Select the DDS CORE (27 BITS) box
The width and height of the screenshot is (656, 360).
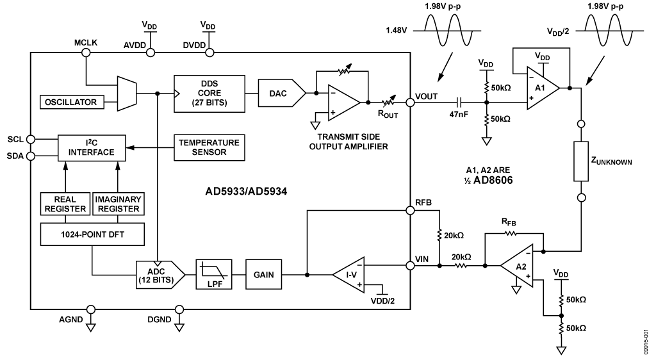pyautogui.click(x=209, y=93)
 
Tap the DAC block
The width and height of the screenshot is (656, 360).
pyautogui.click(x=280, y=93)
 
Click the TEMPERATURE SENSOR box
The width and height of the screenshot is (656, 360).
pyautogui.click(x=209, y=147)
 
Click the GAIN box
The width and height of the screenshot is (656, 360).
pyautogui.click(x=263, y=275)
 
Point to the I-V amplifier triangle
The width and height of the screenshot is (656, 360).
pyautogui.click(x=348, y=275)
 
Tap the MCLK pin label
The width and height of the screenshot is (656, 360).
pyautogui.click(x=86, y=42)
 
